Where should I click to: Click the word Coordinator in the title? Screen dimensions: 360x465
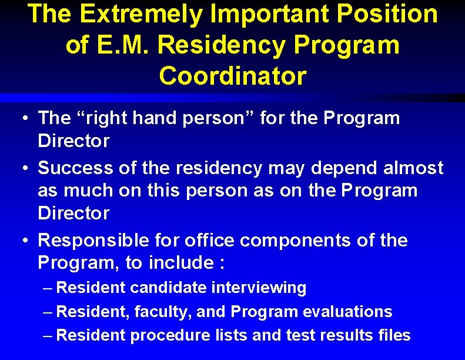[x=232, y=76]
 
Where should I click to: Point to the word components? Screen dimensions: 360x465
[x=302, y=240]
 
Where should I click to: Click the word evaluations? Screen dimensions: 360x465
[x=343, y=312]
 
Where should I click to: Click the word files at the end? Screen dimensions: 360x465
[x=394, y=335]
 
